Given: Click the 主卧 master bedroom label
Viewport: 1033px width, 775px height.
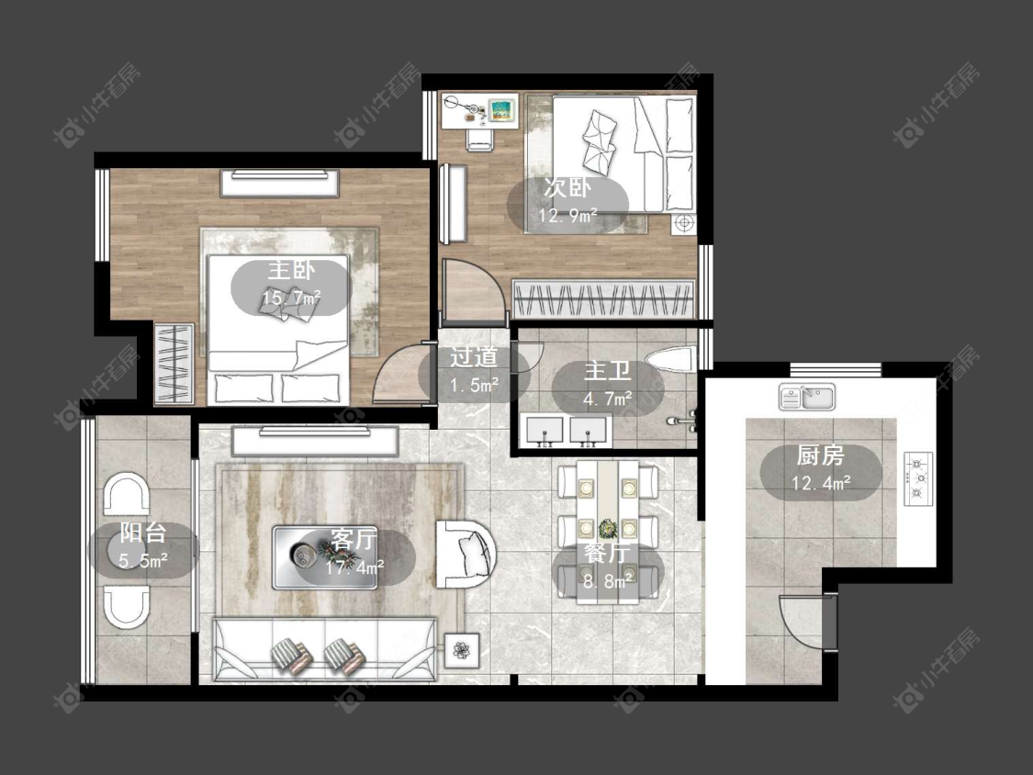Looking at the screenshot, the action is click(291, 271).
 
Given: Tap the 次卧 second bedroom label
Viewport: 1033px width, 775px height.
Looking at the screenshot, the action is click(567, 188).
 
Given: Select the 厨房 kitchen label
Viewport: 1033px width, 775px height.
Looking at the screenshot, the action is click(820, 455).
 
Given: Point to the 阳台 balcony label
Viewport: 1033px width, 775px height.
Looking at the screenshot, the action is click(143, 534).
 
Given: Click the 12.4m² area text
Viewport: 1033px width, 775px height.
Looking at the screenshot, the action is click(821, 483).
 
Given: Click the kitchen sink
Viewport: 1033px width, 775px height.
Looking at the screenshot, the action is click(807, 397).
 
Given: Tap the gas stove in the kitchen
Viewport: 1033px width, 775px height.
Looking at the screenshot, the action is click(918, 478).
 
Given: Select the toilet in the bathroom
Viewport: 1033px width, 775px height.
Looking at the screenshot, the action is click(670, 359).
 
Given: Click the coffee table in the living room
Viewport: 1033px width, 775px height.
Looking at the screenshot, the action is click(325, 557).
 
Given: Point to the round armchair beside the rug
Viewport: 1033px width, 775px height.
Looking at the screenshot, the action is click(466, 555).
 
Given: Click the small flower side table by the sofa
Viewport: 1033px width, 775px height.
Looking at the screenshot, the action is click(461, 650).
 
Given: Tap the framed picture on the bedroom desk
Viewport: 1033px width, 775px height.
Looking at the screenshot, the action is click(502, 109).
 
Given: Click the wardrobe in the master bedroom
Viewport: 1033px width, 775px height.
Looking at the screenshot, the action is click(174, 364).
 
